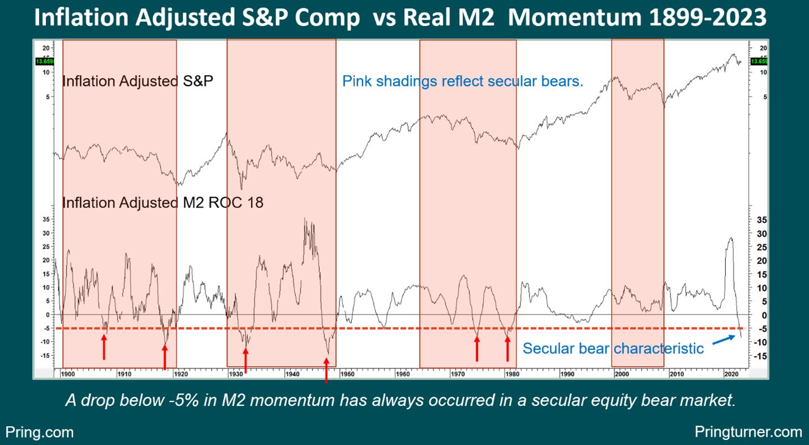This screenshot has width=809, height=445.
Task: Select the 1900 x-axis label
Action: (x=70, y=374)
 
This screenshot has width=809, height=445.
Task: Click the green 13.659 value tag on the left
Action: (x=44, y=61)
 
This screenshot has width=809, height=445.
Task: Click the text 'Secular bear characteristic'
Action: (x=613, y=348)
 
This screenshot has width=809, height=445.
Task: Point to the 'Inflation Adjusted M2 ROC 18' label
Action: (x=162, y=202)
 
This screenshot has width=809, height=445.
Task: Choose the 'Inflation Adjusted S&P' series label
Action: (x=137, y=81)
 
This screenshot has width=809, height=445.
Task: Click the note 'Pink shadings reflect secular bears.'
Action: (x=462, y=81)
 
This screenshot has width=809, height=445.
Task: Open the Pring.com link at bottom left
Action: (x=40, y=433)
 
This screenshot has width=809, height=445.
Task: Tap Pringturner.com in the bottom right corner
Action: (x=748, y=433)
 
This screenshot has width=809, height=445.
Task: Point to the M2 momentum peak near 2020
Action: (x=731, y=238)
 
